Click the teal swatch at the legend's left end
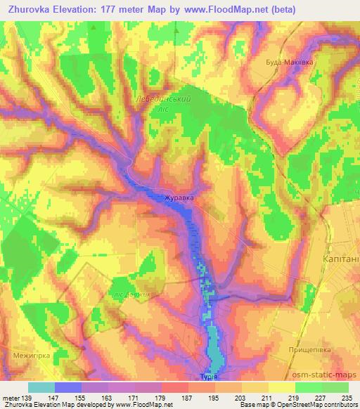point(41,387)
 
